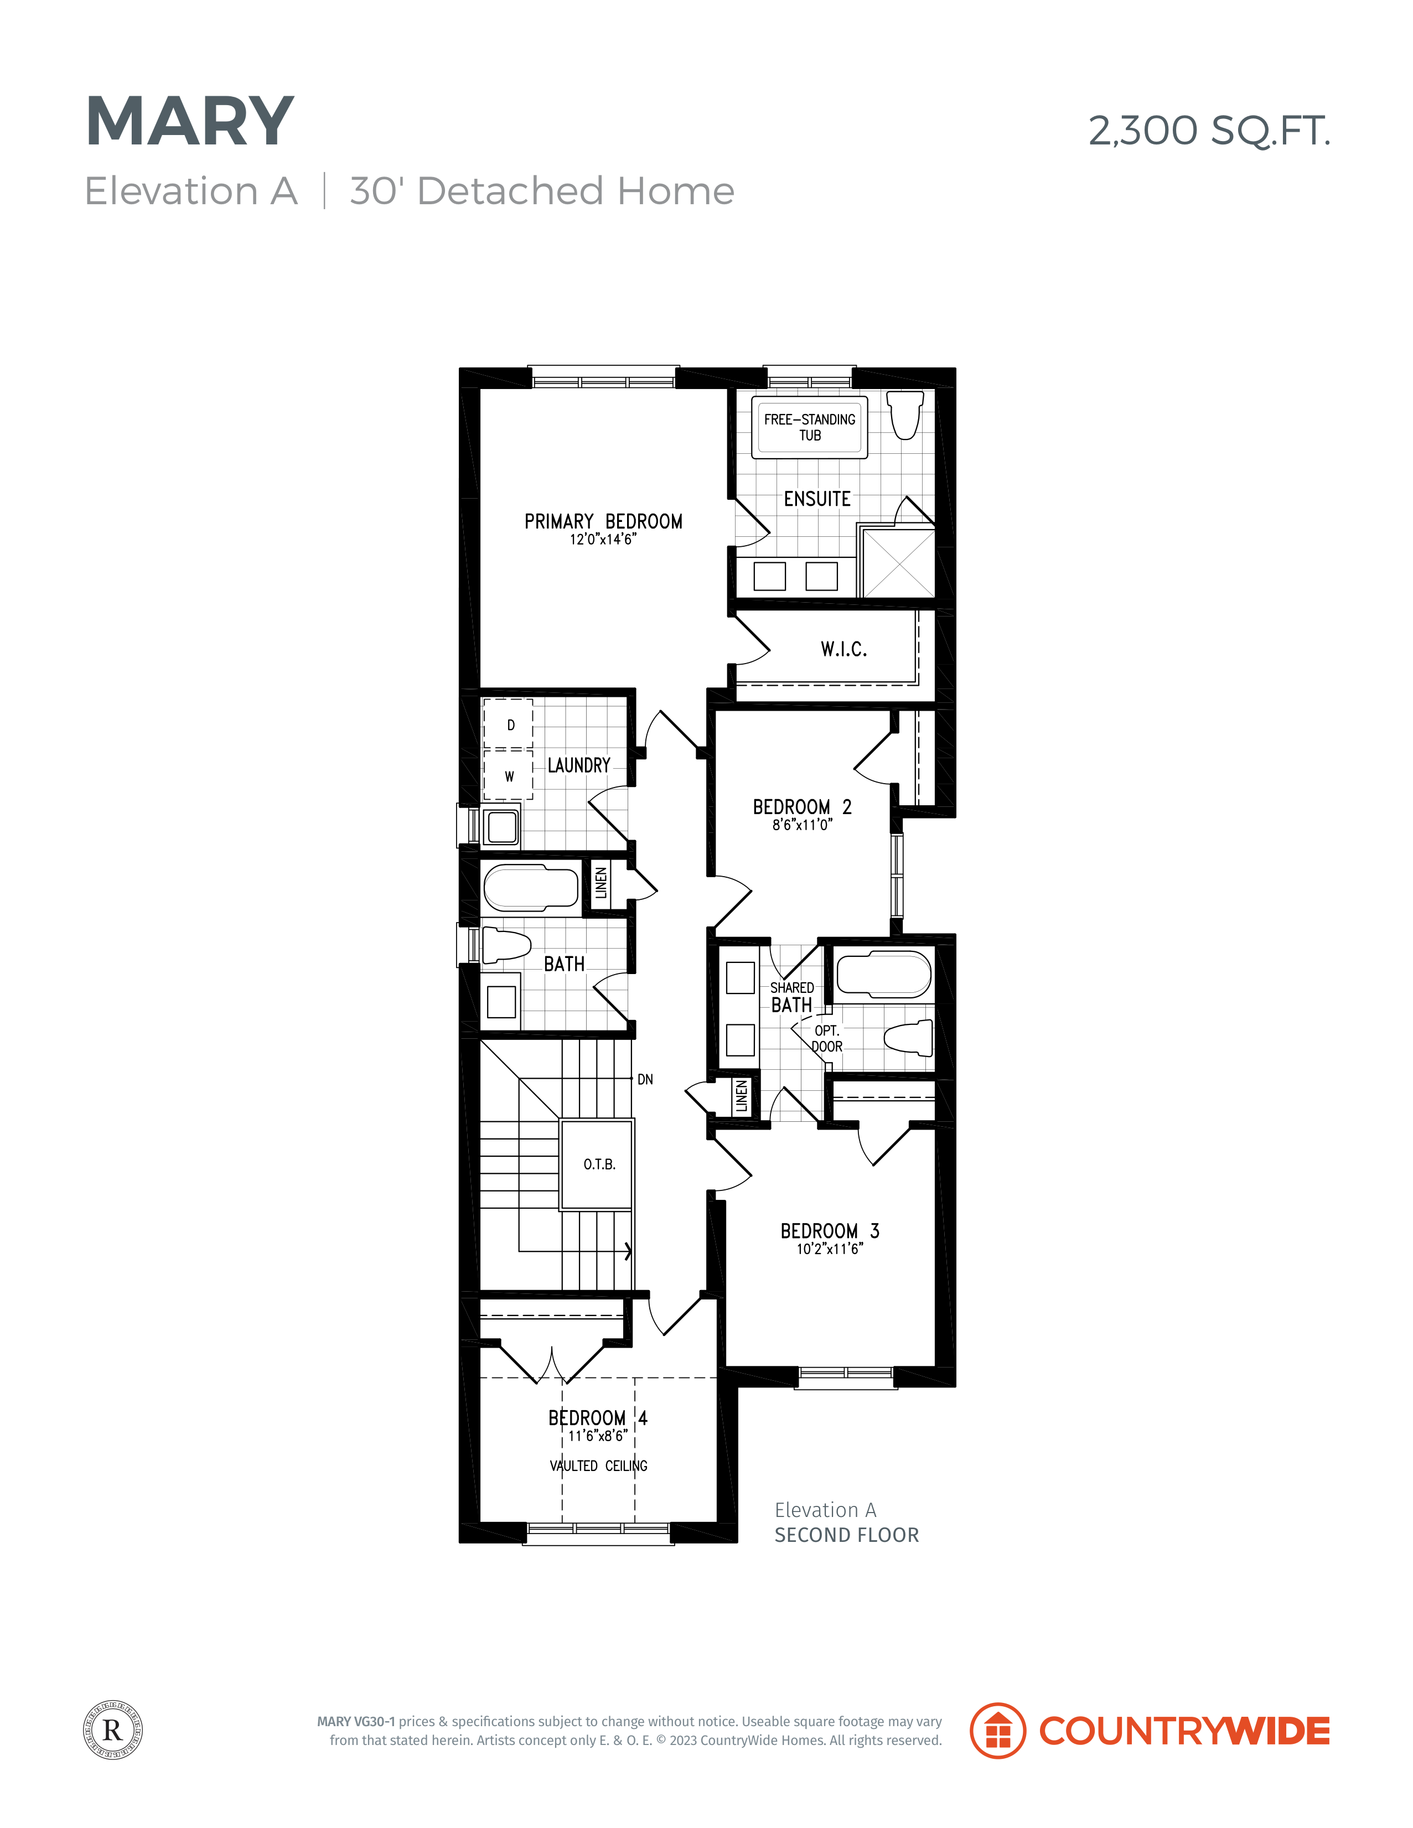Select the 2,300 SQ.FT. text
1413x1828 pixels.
coord(1209,131)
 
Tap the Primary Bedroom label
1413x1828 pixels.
coord(603,521)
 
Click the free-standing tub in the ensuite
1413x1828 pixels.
coord(810,428)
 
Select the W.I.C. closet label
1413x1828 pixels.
coord(844,649)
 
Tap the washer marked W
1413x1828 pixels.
coord(508,775)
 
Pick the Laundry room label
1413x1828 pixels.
coord(578,765)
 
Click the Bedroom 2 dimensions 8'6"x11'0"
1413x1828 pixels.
coord(802,825)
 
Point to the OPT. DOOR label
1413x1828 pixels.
coord(827,1039)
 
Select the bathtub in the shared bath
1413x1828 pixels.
coord(883,975)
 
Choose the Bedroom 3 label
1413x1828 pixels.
coord(830,1230)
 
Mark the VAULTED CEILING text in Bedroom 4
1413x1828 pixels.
coord(598,1465)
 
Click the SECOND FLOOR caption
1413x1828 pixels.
coord(846,1534)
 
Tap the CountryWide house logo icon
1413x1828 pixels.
coord(997,1730)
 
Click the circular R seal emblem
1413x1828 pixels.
coord(113,1730)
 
